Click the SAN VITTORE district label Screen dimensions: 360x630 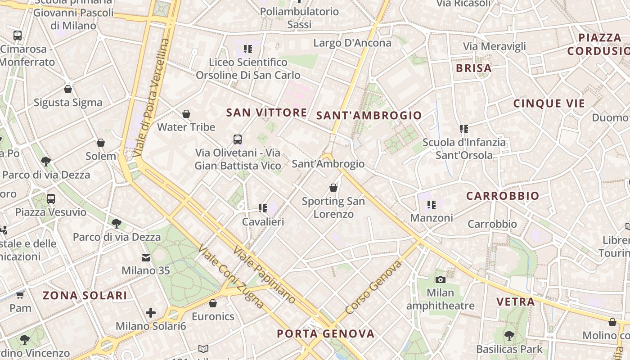(x=267, y=112)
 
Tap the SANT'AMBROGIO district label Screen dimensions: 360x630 (x=369, y=116)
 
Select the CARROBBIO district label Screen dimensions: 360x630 (x=502, y=196)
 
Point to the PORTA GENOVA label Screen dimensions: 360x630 (x=325, y=333)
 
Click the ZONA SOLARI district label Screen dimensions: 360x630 (x=85, y=295)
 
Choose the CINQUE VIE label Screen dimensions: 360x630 (x=549, y=103)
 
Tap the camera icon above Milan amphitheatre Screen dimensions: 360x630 (x=441, y=279)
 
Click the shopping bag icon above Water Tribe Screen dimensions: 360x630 (x=186, y=114)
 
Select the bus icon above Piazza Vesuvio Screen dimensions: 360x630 (x=51, y=198)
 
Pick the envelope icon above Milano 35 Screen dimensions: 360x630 (x=146, y=258)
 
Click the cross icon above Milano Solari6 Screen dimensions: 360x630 (x=151, y=313)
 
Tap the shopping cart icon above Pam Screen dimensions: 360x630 (x=20, y=295)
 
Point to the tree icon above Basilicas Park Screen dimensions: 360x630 (x=509, y=335)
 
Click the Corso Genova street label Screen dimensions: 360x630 (x=373, y=288)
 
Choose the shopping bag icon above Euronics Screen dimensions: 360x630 (x=213, y=303)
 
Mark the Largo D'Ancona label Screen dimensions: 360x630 (x=352, y=43)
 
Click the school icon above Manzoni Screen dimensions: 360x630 (x=432, y=205)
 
